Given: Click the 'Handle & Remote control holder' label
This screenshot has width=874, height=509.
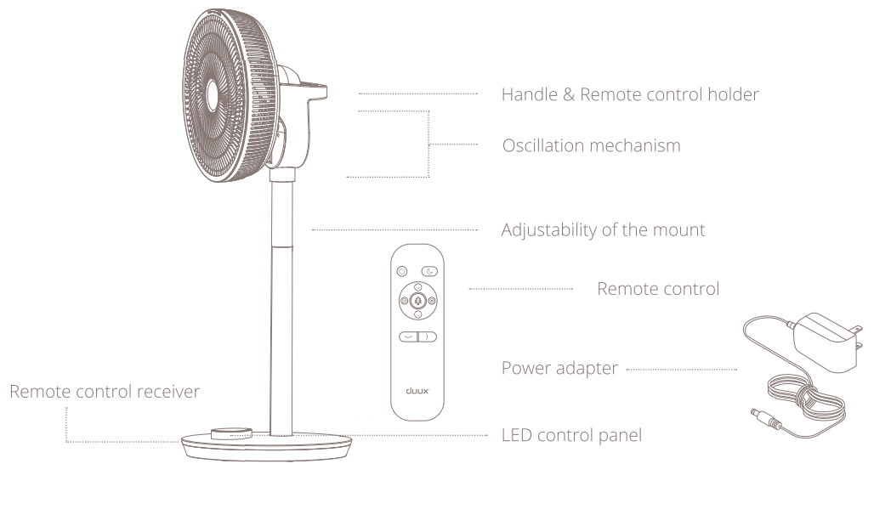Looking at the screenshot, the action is [630, 94].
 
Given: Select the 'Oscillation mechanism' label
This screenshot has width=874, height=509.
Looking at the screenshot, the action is [592, 145].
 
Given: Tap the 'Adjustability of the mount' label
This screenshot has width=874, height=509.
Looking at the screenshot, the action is [603, 230].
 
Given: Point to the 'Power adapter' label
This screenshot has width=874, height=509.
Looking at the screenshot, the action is [559, 368].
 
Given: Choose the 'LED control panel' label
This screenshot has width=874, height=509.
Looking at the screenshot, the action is [572, 435].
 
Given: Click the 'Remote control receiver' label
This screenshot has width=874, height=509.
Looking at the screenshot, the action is [105, 392].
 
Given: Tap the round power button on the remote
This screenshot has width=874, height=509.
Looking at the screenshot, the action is [402, 271].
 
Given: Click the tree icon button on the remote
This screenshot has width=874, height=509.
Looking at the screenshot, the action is [417, 301].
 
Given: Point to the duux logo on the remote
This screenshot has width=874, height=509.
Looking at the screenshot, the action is [417, 391].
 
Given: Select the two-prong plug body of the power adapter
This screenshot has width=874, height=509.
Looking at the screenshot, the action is [828, 341].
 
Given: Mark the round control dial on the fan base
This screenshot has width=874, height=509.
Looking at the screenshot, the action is [231, 433].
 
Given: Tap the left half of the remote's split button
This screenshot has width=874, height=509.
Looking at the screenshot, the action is [409, 337].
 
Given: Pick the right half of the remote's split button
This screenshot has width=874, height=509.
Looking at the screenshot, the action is [428, 337].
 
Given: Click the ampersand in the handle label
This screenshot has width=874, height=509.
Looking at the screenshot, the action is [569, 94].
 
